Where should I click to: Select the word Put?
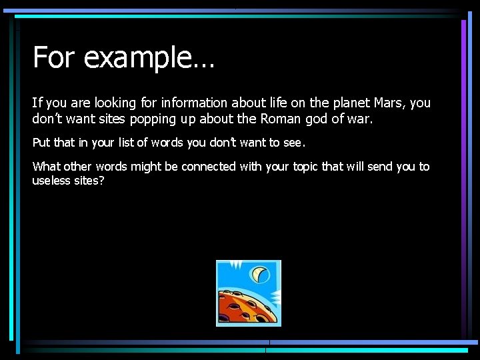(41, 143)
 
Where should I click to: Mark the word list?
(126, 143)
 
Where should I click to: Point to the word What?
(46, 167)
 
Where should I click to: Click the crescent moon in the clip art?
(260, 273)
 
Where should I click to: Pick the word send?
(378, 167)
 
